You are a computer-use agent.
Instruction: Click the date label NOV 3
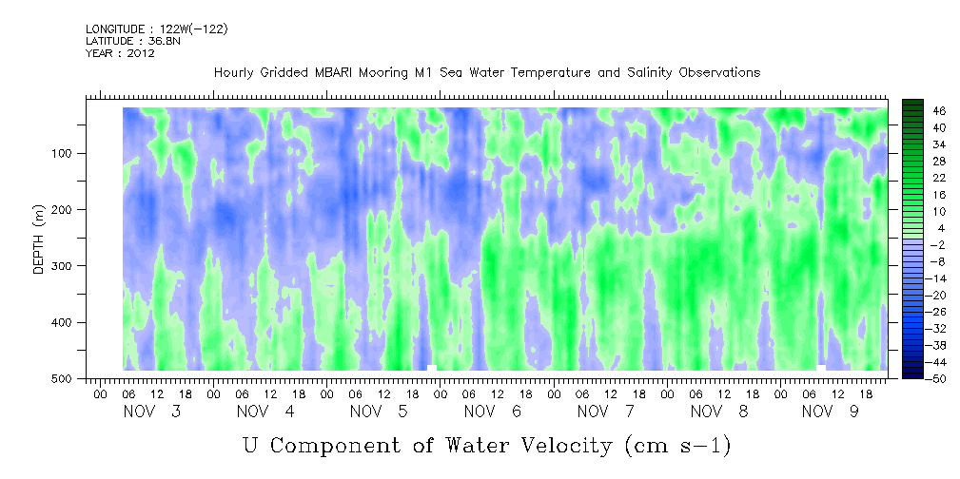point(152,412)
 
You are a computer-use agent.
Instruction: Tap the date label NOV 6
point(492,412)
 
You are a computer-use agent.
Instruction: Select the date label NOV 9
point(831,412)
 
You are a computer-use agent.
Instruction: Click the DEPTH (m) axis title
point(39,242)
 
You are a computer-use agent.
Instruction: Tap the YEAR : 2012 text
point(120,53)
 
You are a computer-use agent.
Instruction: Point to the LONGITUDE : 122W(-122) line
point(157,29)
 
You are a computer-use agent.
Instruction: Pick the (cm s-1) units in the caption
point(677,446)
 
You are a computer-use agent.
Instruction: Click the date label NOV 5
point(379,412)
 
